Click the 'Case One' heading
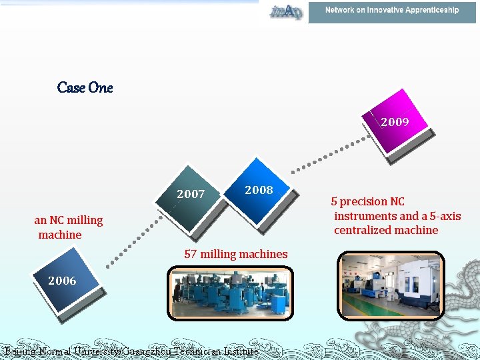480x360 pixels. click(x=85, y=87)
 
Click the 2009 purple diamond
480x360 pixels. click(x=394, y=123)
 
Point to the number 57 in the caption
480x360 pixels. click(x=190, y=254)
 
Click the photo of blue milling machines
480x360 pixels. click(x=229, y=293)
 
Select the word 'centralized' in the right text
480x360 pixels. click(x=363, y=231)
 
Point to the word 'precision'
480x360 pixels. click(x=364, y=201)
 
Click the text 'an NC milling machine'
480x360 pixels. click(x=68, y=227)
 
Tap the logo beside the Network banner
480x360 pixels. click(x=286, y=11)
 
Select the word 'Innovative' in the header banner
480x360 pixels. click(x=380, y=10)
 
